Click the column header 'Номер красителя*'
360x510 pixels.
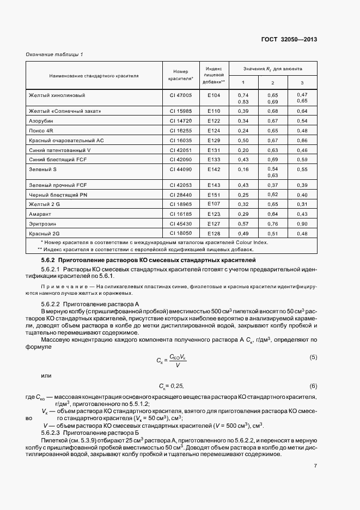pyautogui.click(x=180, y=75)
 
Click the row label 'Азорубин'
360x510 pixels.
pyautogui.click(x=41, y=120)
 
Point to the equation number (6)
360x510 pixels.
pyautogui.click(x=313, y=385)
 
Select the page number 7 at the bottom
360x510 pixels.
pyautogui.click(x=315, y=466)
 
